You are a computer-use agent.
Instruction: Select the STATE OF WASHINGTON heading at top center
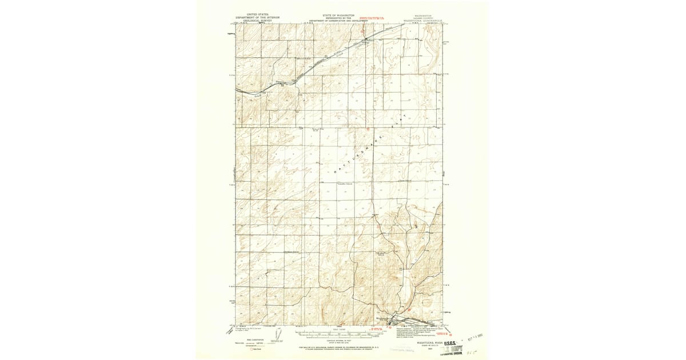[x=338, y=15]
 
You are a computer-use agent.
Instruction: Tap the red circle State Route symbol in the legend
[x=250, y=349]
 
